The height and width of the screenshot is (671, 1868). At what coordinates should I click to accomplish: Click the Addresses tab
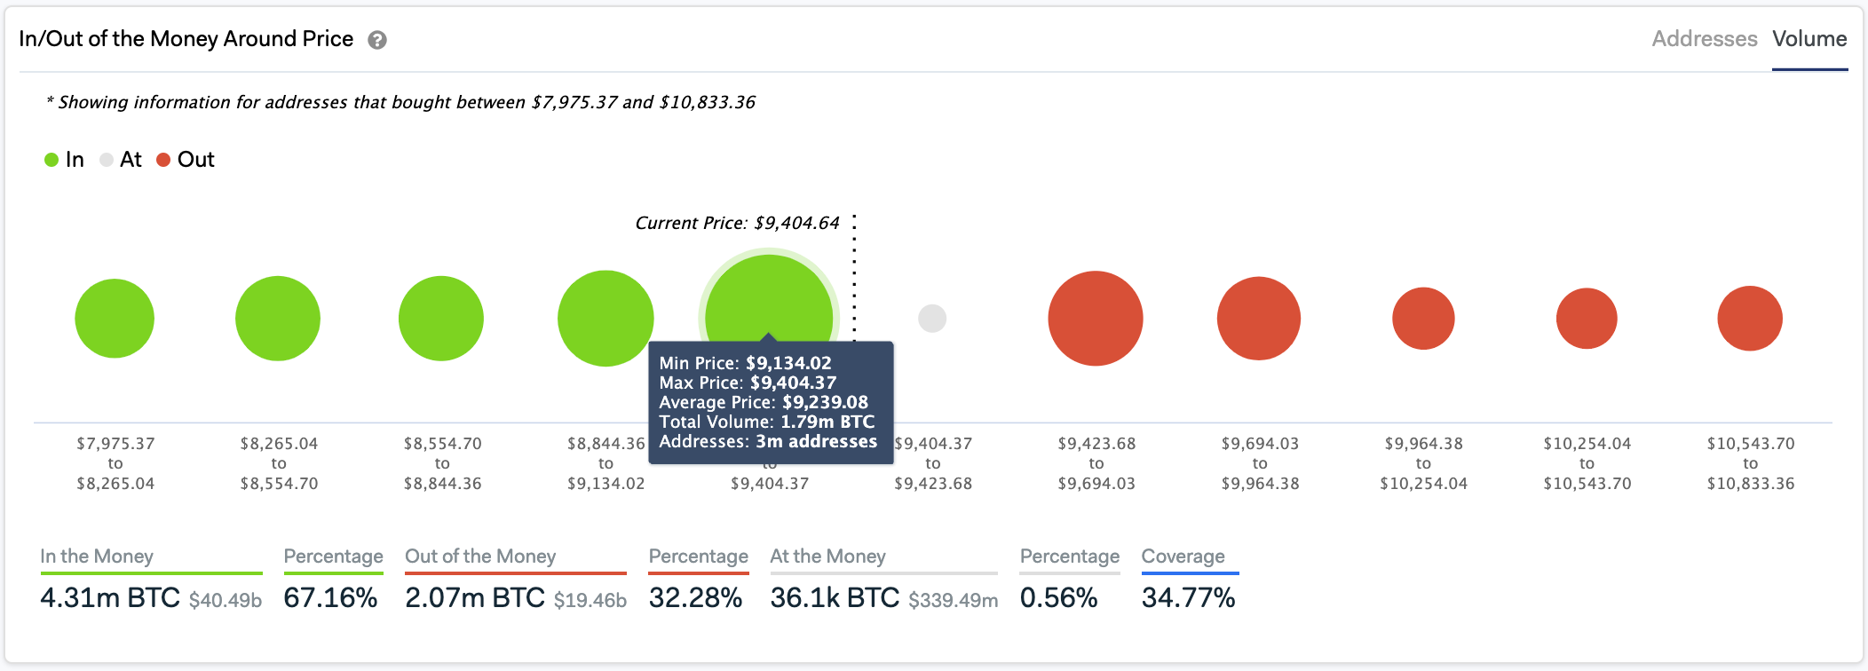pos(1704,39)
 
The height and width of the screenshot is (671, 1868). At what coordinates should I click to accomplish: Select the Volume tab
pos(1809,39)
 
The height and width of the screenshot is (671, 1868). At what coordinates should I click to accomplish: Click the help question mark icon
pos(377,40)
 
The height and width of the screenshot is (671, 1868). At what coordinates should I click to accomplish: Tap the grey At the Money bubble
pos(932,318)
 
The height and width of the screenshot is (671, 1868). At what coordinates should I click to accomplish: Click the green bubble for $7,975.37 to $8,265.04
pos(115,318)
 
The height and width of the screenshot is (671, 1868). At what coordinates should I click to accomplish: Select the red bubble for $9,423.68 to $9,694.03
pos(1096,318)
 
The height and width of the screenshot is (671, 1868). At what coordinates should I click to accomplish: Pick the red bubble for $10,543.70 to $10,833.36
pos(1750,318)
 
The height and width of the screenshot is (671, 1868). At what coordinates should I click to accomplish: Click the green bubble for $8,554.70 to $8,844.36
pos(441,318)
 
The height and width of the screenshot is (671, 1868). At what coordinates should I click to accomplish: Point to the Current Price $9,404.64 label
pos(737,223)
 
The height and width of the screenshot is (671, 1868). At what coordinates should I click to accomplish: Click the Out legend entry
pos(186,160)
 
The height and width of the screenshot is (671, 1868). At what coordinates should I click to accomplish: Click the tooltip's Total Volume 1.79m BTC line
pos(766,422)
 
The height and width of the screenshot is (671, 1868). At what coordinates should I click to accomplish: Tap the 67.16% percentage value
pos(330,597)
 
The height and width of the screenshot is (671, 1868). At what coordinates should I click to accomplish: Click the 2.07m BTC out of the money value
pos(475,597)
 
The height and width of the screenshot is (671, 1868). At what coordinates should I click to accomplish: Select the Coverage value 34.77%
pos(1188,597)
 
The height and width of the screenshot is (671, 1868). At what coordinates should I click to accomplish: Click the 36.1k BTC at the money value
pos(835,597)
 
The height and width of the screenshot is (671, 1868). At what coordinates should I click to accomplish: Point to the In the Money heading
pos(97,557)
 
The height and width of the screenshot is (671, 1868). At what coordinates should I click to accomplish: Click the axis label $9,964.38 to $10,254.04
pos(1423,463)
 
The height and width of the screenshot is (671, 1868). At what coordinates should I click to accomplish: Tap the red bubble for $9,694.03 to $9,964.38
pos(1259,318)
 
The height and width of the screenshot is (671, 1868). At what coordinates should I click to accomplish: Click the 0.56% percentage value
pos(1058,597)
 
